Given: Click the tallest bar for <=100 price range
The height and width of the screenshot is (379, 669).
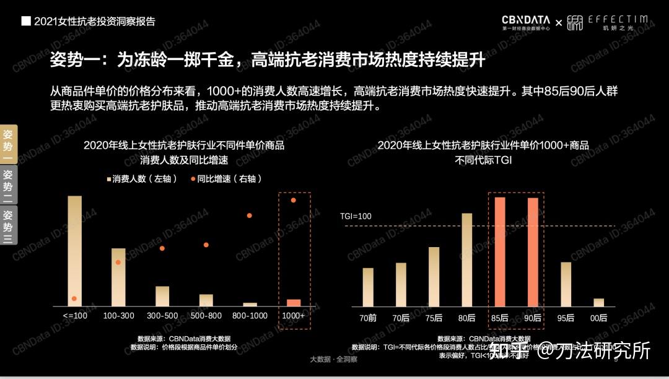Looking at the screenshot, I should tap(74, 251).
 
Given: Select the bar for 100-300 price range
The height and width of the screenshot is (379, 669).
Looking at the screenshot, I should tap(118, 277).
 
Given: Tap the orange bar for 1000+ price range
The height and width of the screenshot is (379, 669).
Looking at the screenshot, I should tap(294, 302).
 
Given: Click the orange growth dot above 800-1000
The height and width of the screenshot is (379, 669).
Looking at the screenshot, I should tap(250, 216).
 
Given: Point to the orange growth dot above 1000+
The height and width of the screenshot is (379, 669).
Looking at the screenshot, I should tap(294, 200).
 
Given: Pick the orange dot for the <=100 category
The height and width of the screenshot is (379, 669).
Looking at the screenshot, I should tap(74, 298).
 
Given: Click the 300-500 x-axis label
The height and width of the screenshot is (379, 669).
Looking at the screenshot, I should tap(162, 316).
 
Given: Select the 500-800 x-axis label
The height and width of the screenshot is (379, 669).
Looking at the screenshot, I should tap(206, 316).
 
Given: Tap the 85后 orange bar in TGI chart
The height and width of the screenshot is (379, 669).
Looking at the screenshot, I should tap(499, 251).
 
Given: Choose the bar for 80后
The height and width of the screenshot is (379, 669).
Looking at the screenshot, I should tap(466, 259).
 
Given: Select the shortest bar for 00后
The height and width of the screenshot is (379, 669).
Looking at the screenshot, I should tap(598, 302).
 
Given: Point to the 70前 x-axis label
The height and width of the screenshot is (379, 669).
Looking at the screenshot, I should tap(367, 318).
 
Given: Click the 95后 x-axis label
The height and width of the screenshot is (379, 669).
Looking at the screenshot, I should tap(566, 318).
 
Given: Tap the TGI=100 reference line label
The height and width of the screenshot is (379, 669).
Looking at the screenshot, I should tap(356, 216).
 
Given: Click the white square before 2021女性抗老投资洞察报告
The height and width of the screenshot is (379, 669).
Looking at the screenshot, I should tap(26, 21).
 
